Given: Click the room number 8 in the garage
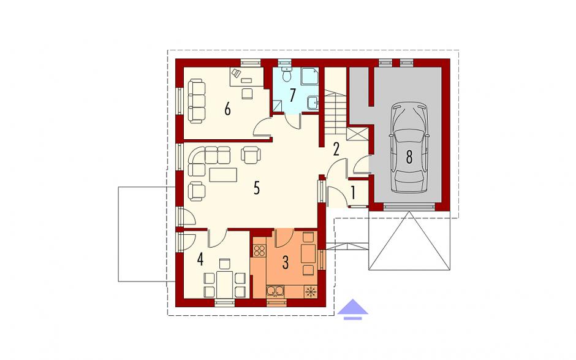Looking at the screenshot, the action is click(x=409, y=156).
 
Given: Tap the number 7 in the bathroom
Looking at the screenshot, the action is click(x=292, y=95).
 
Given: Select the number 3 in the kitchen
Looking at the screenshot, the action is click(x=286, y=262).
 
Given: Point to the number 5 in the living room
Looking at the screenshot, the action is click(x=256, y=188).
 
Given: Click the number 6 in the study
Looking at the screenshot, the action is click(x=227, y=109).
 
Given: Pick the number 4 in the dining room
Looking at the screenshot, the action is click(x=200, y=259).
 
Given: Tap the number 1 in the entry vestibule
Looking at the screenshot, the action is click(x=354, y=193).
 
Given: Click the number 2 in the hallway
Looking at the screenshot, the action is click(x=336, y=149).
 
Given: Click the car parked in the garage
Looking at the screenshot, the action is click(x=409, y=147).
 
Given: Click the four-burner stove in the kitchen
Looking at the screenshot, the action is click(x=259, y=250).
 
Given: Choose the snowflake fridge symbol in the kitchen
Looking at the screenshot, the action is click(x=311, y=291).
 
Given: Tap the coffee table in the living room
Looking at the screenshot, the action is click(x=223, y=175).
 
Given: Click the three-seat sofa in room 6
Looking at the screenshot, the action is click(x=197, y=101).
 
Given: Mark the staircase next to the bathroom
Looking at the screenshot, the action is click(x=335, y=112).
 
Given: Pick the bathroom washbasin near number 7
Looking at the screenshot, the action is click(x=313, y=102).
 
